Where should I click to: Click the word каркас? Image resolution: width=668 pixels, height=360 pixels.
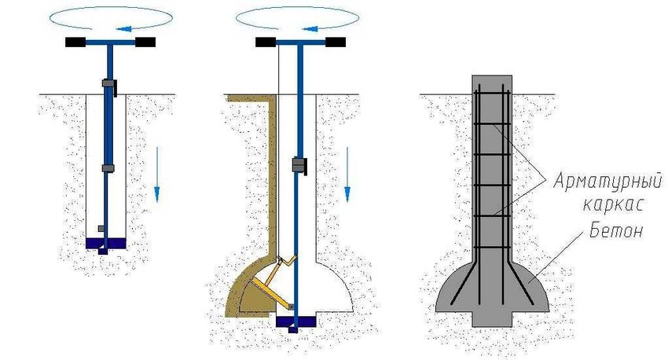pyautogui.click(x=613, y=204)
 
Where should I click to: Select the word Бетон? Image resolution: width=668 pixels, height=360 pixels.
pyautogui.click(x=616, y=231)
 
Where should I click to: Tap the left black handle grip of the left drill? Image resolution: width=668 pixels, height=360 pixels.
pyautogui.click(x=75, y=42)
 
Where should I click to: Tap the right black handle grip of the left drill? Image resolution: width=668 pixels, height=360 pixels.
pyautogui.click(x=145, y=42)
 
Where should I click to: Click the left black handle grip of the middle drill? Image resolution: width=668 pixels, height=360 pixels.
pyautogui.click(x=266, y=42)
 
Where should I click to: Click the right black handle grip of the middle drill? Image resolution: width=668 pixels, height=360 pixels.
pyautogui.click(x=336, y=42)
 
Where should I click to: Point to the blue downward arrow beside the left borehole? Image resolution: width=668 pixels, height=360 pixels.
pyautogui.click(x=156, y=174)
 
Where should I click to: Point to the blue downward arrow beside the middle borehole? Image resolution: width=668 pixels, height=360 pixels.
pyautogui.click(x=347, y=174)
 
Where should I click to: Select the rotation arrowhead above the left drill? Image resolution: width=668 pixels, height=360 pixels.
pyautogui.click(x=123, y=29)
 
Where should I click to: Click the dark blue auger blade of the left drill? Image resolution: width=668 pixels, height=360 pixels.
pyautogui.click(x=105, y=243)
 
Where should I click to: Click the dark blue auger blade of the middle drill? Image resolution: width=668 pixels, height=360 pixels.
pyautogui.click(x=295, y=321)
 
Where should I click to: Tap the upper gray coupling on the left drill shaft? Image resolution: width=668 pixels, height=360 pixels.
pyautogui.click(x=109, y=83)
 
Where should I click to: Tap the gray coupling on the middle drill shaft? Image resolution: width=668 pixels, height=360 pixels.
pyautogui.click(x=299, y=165)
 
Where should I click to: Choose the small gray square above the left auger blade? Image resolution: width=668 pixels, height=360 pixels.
pyautogui.click(x=101, y=229)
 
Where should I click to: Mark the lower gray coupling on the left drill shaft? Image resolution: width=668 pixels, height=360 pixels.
pyautogui.click(x=108, y=168)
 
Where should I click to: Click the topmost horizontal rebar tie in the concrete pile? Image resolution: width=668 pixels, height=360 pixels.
pyautogui.click(x=492, y=94)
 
